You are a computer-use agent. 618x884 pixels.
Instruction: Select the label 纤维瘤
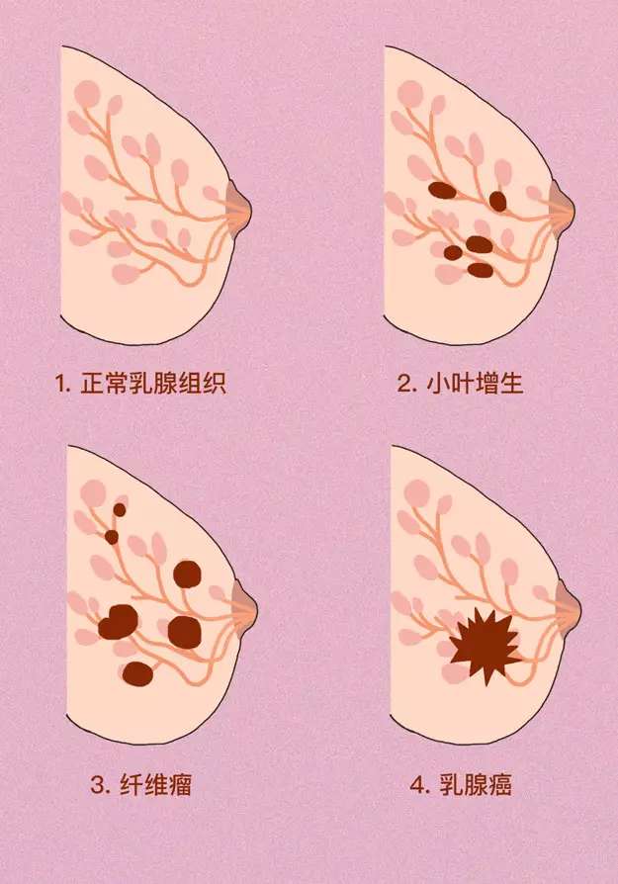pyautogui.click(x=156, y=786)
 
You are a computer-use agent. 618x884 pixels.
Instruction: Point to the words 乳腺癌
pyautogui.click(x=478, y=786)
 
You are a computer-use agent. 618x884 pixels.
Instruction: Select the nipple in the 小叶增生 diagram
pyautogui.click(x=563, y=205)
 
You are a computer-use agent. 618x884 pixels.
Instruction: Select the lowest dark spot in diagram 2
pyautogui.click(x=480, y=269)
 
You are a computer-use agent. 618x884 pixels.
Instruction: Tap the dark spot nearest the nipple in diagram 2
pyautogui.click(x=497, y=201)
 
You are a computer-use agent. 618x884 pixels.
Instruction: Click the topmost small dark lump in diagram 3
pyautogui.click(x=120, y=509)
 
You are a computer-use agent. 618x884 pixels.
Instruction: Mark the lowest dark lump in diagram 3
pyautogui.click(x=137, y=673)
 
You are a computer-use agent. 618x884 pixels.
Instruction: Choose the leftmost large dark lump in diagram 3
pyautogui.click(x=119, y=621)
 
